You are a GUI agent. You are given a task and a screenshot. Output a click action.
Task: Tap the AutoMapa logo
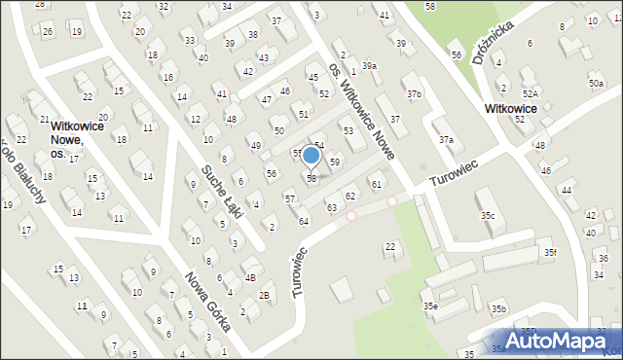560,340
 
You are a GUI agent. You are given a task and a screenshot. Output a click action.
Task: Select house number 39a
369,65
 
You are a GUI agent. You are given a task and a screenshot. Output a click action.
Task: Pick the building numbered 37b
415,93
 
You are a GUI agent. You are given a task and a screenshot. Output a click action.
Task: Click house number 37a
445,139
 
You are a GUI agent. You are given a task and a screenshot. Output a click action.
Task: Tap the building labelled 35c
487,215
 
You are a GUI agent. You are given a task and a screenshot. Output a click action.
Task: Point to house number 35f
550,252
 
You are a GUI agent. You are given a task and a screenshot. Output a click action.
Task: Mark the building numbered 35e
429,306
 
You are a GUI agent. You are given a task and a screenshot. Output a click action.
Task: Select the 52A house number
529,93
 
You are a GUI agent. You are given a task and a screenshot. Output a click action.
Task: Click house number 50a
595,84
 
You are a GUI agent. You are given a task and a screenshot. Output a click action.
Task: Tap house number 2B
264,296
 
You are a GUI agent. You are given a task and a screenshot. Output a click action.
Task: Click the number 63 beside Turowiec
332,207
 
